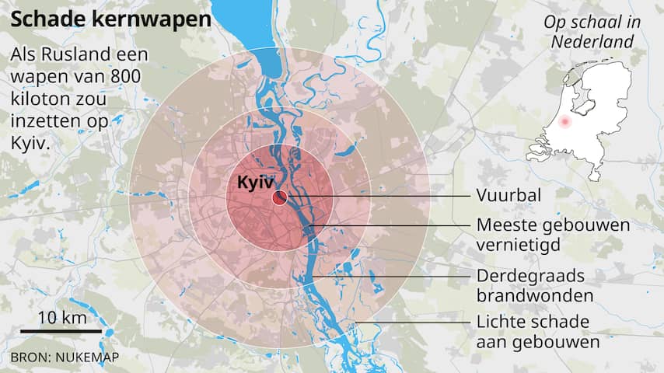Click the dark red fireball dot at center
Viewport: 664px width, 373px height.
(x=278, y=199)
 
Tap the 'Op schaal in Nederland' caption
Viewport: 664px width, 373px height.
(x=592, y=32)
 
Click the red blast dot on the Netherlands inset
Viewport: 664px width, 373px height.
(x=564, y=123)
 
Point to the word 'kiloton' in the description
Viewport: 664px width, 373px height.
(x=39, y=100)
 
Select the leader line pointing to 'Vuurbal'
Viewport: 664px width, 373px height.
(x=373, y=196)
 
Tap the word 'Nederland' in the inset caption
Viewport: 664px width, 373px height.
(x=592, y=42)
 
